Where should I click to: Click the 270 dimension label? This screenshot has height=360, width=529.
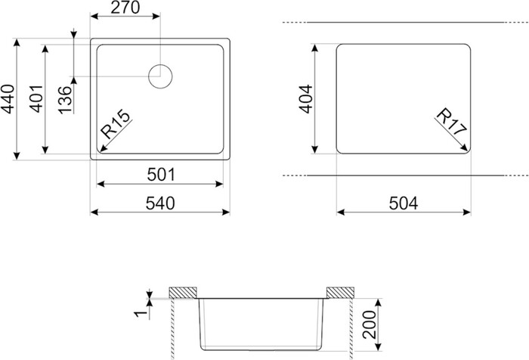coord(125,8)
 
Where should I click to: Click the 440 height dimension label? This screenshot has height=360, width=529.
coord(8,99)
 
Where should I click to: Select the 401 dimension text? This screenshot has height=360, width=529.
coord(36,98)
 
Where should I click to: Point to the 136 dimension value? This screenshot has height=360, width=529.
coord(65,101)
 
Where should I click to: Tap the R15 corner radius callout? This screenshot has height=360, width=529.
coord(116,124)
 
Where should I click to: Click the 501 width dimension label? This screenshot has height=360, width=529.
coord(161,175)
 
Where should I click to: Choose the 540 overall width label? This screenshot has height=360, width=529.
coord(160,203)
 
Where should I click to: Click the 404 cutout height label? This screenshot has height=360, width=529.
coord(305,99)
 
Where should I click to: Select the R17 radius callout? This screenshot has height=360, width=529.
coord(452,122)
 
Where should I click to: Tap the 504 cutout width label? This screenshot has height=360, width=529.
coord(404,203)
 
